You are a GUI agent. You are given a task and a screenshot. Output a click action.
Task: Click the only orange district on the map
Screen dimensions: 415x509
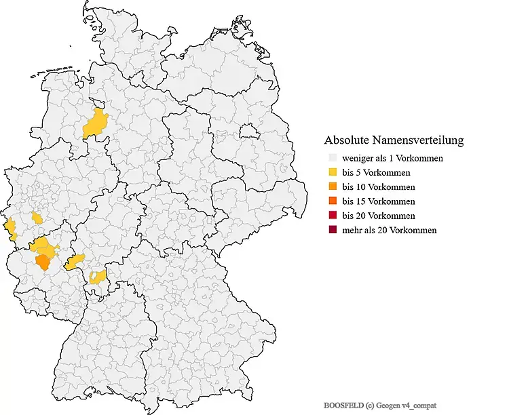(43, 261)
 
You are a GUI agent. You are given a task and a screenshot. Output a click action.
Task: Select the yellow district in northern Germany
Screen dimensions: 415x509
(94, 124)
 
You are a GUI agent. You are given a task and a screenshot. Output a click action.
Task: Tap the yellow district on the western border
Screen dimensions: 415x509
(10, 229)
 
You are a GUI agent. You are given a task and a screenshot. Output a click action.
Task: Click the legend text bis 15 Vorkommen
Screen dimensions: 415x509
(379, 201)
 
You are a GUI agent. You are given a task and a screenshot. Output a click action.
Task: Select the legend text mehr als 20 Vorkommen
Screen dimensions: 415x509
(390, 230)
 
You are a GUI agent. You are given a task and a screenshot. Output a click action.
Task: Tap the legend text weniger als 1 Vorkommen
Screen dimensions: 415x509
(392, 159)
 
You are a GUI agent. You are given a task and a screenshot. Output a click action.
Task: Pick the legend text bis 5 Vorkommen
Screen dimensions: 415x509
(377, 173)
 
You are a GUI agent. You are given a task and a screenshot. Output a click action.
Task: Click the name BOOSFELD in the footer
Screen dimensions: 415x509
(345, 405)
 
